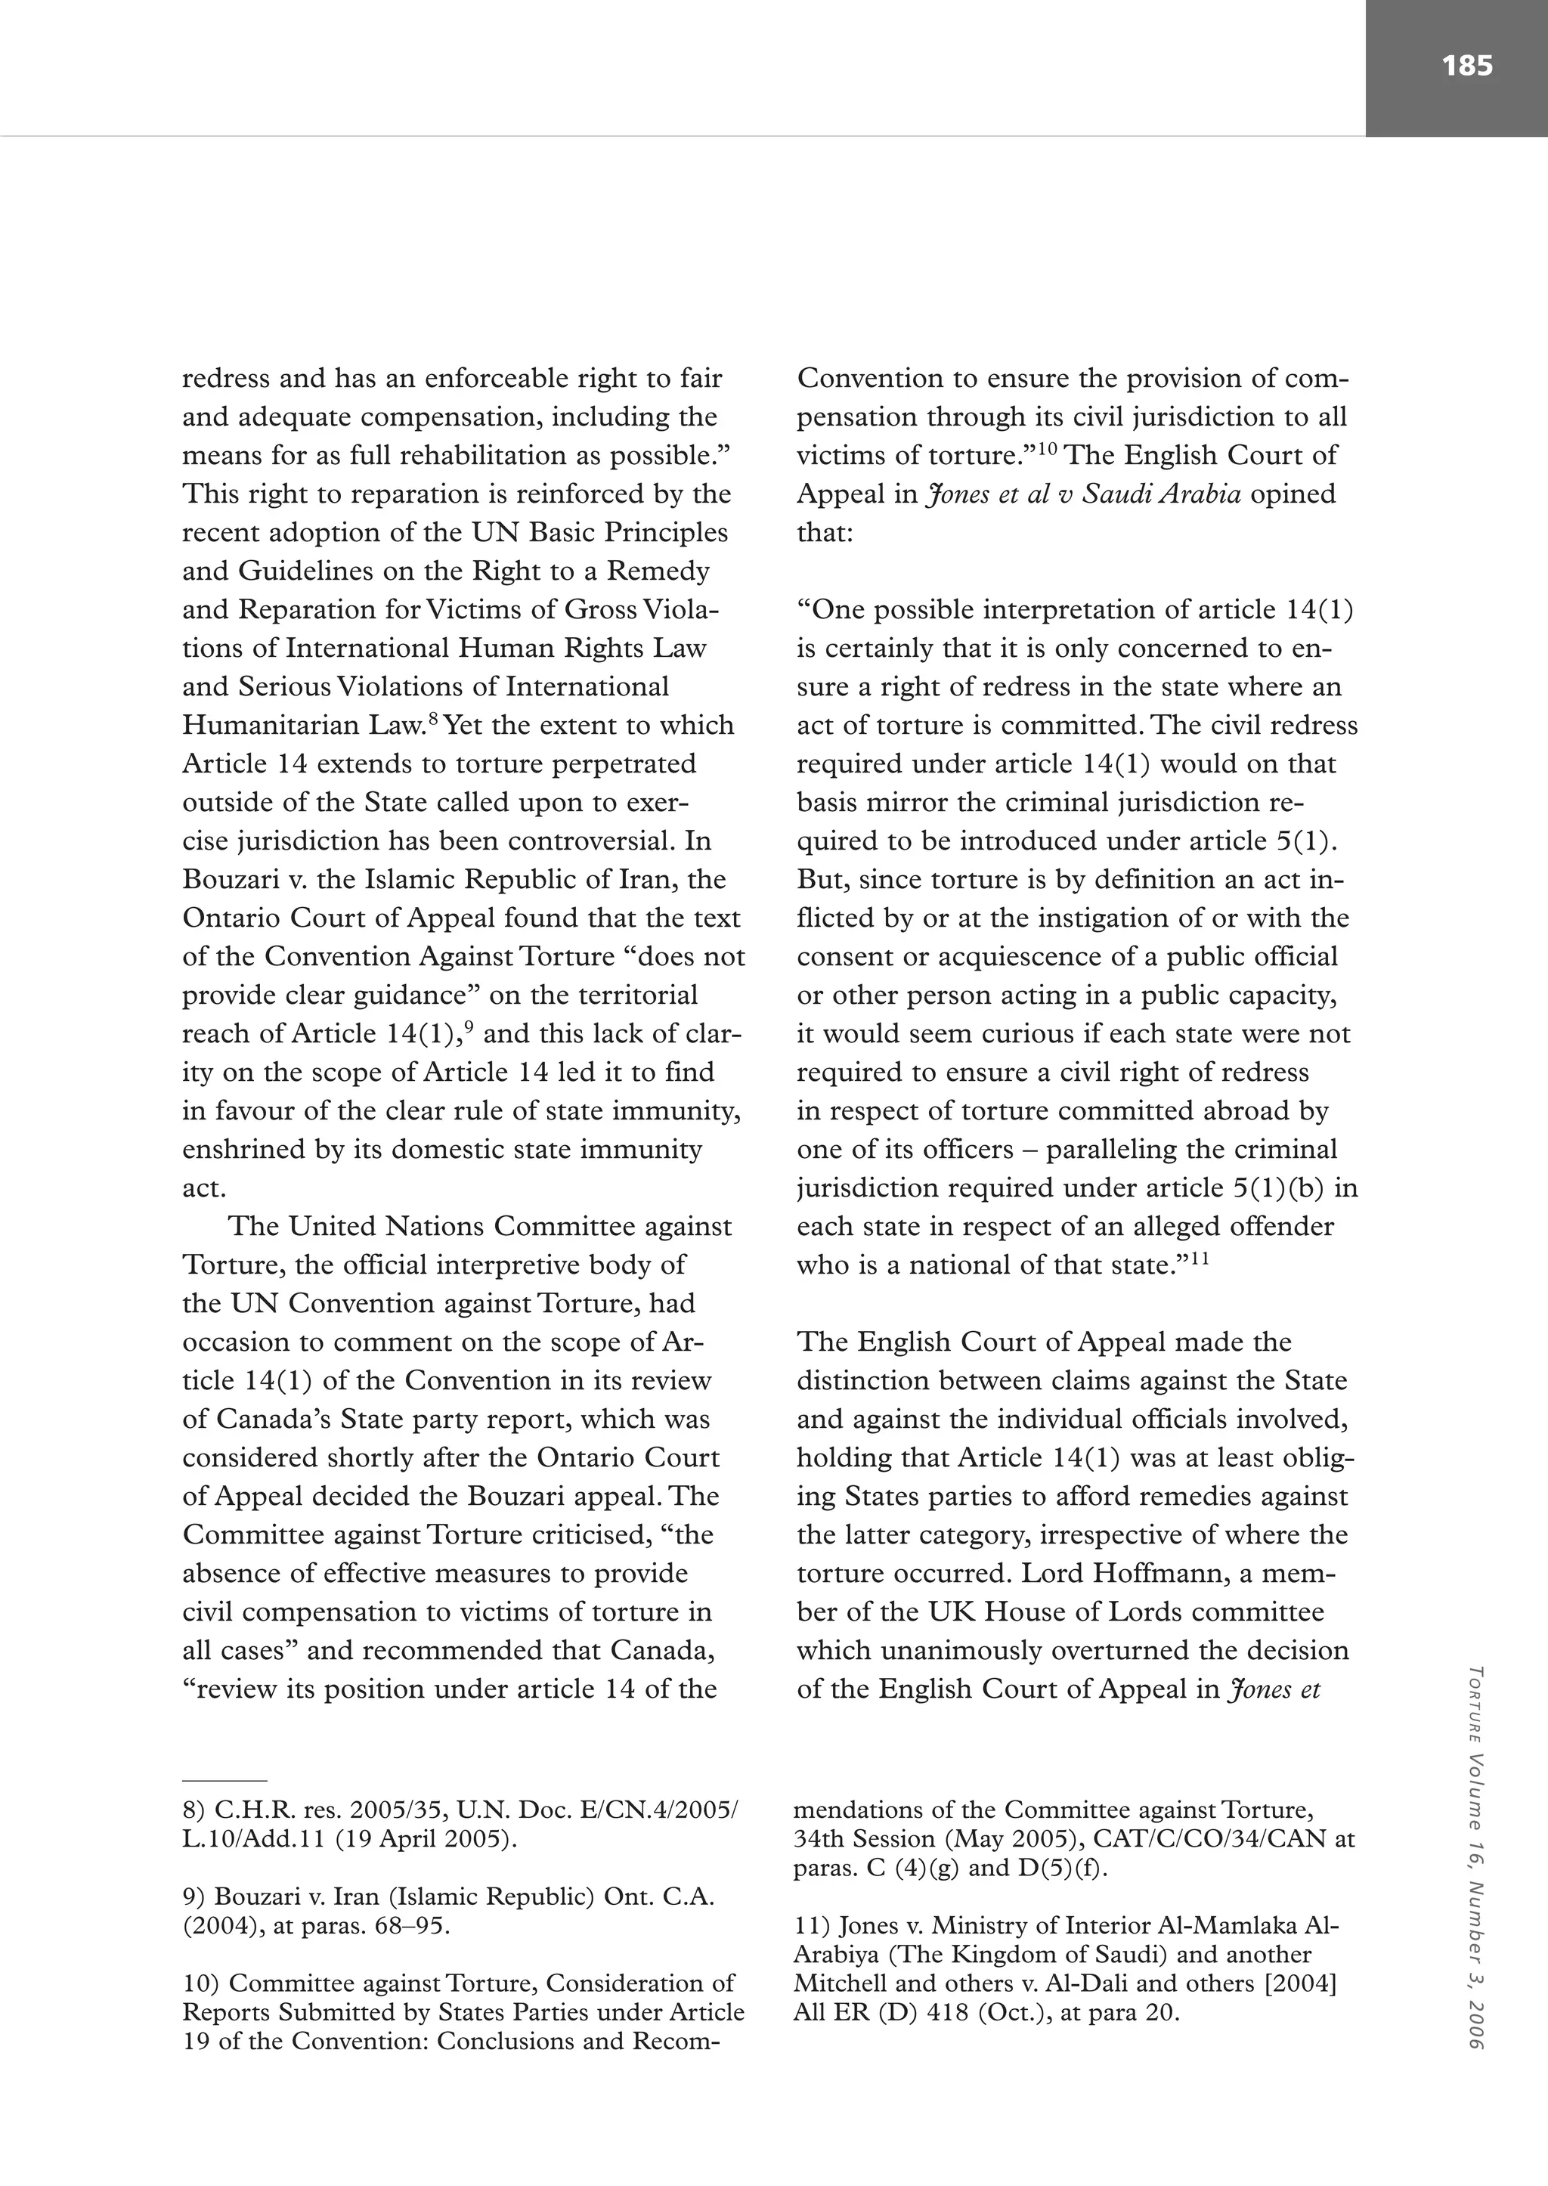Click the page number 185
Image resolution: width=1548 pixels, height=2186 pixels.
tap(1466, 65)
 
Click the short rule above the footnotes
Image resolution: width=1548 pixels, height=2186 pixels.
tap(225, 1780)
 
